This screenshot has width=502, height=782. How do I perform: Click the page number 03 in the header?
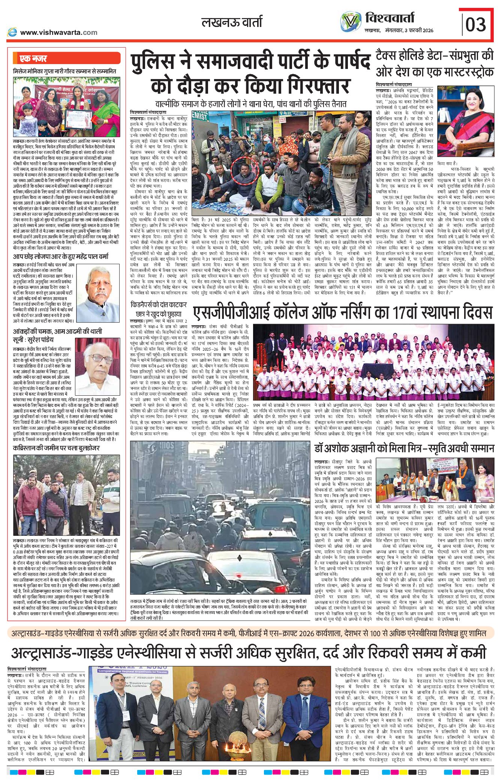tap(475, 24)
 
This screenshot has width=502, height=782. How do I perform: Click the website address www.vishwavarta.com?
tap(58, 33)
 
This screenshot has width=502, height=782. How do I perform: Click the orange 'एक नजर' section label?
tap(33, 58)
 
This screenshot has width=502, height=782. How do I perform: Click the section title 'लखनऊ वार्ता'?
tap(232, 22)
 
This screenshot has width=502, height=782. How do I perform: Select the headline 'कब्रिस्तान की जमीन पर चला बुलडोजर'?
tap(56, 448)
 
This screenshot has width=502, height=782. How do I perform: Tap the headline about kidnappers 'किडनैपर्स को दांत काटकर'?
tap(159, 305)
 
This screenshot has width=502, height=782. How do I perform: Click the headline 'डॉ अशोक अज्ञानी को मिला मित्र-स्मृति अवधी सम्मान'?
tap(404, 448)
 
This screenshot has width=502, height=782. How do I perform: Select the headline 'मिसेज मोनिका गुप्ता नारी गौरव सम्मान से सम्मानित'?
tap(64, 71)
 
